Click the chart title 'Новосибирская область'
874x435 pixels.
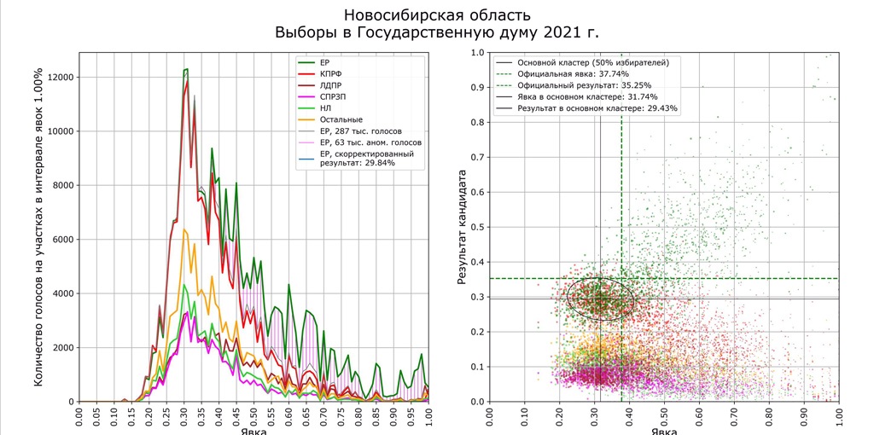click(x=436, y=14)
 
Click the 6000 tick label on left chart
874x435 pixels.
click(x=61, y=240)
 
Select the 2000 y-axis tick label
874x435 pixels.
click(x=61, y=348)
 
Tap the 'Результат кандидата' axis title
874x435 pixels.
click(x=462, y=227)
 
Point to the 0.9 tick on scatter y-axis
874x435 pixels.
click(x=478, y=88)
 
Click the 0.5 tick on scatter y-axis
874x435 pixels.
click(x=478, y=228)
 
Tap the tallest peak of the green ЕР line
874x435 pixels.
click(x=185, y=69)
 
